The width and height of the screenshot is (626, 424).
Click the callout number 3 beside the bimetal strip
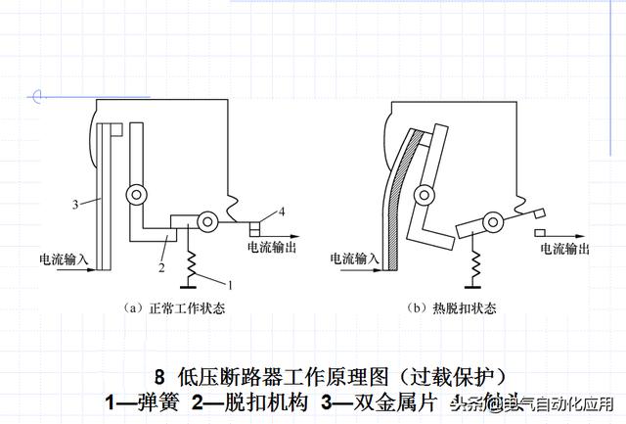75,205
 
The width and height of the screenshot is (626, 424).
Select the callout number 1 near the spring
231,285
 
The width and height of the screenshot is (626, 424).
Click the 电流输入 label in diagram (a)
64,260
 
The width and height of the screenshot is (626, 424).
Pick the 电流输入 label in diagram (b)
354,259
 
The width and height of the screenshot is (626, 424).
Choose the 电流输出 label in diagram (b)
565,250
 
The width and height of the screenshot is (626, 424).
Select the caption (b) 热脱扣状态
451,307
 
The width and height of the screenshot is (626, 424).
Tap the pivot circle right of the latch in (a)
207,223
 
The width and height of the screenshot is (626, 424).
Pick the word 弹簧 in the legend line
155,401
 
